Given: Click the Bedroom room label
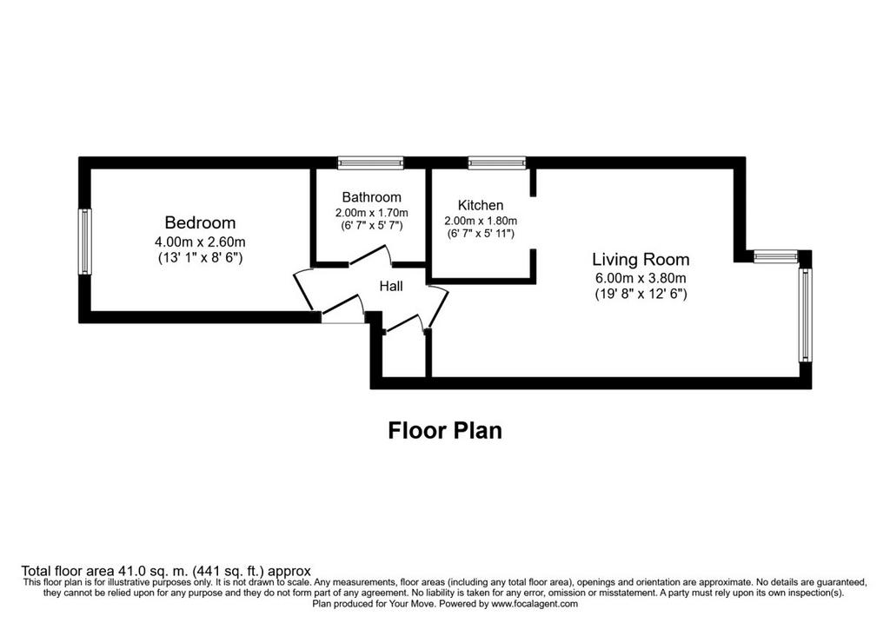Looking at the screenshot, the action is click(x=200, y=222).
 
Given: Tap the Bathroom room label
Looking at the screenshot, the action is click(x=371, y=197).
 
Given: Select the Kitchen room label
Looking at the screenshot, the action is click(x=480, y=205).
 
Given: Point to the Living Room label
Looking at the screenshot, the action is click(x=641, y=260).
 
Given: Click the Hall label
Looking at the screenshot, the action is click(x=391, y=287).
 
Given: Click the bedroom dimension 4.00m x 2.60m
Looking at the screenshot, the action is click(x=200, y=242).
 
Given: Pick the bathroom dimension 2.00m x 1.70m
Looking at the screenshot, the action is click(x=371, y=213).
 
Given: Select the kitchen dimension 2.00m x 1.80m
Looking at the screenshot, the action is click(x=480, y=221).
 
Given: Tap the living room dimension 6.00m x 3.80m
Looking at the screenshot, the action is click(x=641, y=278).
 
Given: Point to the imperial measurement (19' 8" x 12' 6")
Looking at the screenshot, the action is click(x=641, y=294).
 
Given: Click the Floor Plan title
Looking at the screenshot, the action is click(x=445, y=431).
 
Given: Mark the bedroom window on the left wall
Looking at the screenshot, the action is click(x=84, y=242).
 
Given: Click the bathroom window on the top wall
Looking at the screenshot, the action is click(x=370, y=163).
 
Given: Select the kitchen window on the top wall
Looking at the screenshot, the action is click(x=497, y=163).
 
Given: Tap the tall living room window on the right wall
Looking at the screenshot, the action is click(x=805, y=315).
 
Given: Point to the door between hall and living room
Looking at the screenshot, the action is click(x=438, y=307).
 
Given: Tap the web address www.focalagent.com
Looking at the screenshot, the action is click(x=535, y=604).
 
